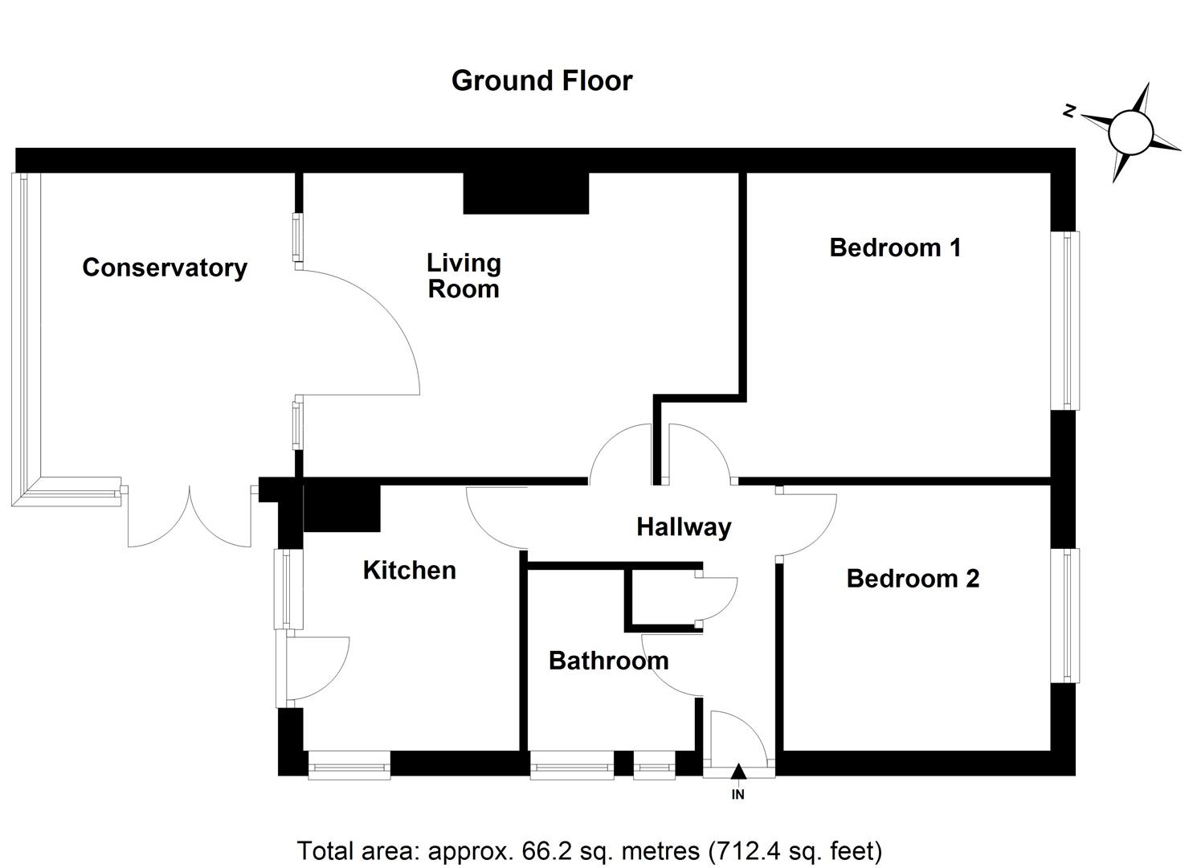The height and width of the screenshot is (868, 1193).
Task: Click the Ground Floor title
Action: tap(541, 80)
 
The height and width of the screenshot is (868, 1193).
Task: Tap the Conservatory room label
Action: tap(165, 268)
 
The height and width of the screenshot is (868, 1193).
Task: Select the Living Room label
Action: tap(464, 276)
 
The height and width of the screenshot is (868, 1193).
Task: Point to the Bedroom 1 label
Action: tap(895, 248)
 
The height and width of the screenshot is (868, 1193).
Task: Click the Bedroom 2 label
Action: tap(913, 579)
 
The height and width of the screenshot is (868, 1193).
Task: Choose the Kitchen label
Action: tap(409, 571)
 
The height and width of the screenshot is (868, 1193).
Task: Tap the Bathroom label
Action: tap(608, 661)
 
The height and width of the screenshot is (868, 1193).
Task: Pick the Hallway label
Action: tap(684, 527)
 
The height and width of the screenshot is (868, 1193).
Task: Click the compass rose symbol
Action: tap(1131, 132)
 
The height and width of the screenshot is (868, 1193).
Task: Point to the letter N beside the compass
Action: tap(1069, 112)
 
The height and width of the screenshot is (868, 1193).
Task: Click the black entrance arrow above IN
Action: tap(738, 772)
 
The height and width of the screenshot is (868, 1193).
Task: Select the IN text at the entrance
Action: tap(738, 795)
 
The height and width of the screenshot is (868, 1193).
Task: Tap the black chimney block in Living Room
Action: tap(526, 194)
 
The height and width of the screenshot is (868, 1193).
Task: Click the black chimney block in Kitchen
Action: tap(341, 508)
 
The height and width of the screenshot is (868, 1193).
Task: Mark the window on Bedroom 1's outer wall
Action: tap(1066, 321)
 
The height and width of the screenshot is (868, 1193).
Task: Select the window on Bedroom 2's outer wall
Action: tap(1066, 616)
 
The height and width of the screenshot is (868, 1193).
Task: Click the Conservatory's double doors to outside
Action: tap(190, 514)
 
